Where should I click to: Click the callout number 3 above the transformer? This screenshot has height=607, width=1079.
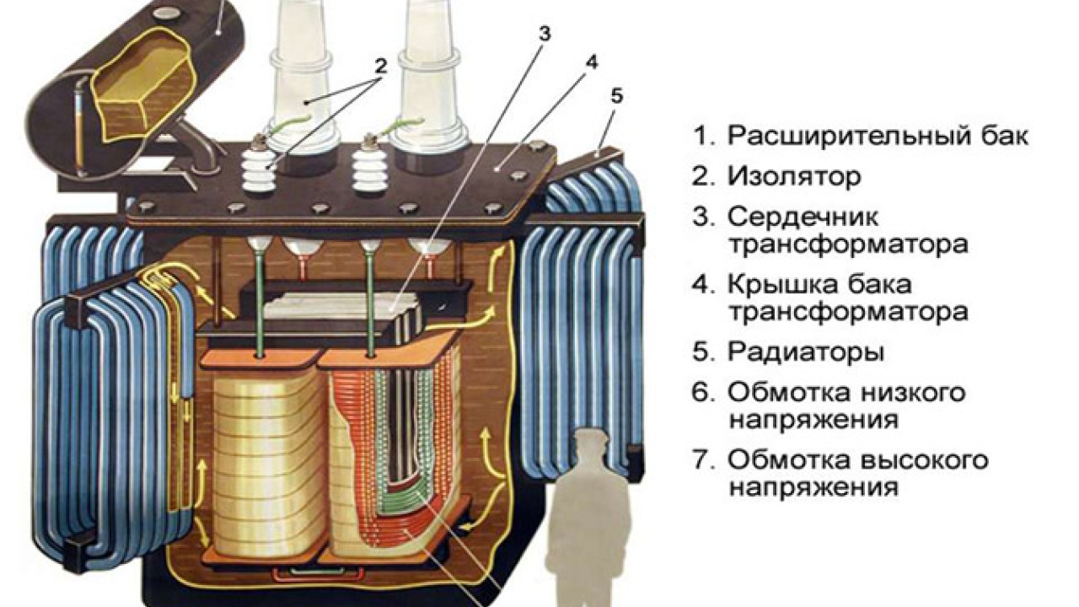coord(545,35)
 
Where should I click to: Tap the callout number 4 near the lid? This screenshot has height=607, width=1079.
coord(593,63)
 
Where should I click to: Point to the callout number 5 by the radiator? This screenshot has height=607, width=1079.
coord(617,97)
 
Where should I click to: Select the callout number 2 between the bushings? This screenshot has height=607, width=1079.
coord(380,65)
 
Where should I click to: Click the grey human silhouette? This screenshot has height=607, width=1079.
coord(593,514)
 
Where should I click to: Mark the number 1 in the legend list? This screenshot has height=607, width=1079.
coord(701,136)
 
